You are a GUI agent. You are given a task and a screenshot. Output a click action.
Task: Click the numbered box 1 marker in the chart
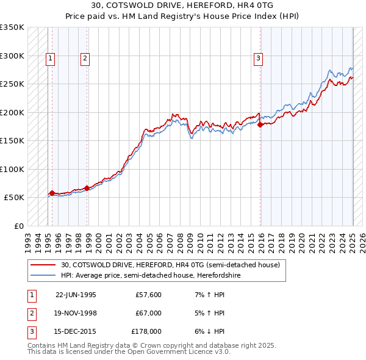pos(50,59)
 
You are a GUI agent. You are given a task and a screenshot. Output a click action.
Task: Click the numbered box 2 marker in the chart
pos(85,59)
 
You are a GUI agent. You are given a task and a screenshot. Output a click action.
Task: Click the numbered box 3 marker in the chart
pos(259,59)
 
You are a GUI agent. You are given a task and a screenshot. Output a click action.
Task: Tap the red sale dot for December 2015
pos(260,125)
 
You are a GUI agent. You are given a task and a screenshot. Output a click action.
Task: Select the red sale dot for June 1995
pos(52,193)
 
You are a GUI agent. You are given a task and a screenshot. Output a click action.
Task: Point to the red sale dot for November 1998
pos(87,188)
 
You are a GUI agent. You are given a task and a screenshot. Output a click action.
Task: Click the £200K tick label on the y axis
pos(12,112)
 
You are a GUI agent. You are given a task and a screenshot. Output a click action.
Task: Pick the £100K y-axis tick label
pos(12,169)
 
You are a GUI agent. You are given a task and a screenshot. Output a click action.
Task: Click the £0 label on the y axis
pos(18,226)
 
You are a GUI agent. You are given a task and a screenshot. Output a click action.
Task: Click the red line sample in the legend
pos(43,265)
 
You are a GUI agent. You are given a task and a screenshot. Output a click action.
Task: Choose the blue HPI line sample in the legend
pos(43,275)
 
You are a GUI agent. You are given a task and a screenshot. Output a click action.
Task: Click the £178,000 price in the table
pos(146,331)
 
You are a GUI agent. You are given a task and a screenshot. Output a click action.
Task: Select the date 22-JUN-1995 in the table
pos(76,294)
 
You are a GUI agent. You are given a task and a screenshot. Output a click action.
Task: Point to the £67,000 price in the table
pos(148,313)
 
